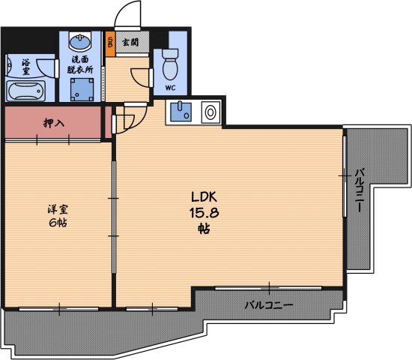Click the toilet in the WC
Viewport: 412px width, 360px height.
click(170, 64)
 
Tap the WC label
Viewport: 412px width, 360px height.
click(170, 88)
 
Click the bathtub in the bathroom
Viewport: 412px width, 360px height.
click(25, 91)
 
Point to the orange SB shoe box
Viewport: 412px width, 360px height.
click(110, 44)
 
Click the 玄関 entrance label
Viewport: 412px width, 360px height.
click(130, 42)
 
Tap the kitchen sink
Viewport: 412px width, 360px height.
click(181, 112)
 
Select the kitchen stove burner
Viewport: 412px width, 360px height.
click(210, 112)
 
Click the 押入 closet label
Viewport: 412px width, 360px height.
click(54, 123)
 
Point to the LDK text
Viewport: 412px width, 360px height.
click(204, 196)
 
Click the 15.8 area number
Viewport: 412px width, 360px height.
click(205, 212)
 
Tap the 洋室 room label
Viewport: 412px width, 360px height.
click(58, 209)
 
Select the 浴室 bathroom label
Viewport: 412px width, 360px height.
click(25, 67)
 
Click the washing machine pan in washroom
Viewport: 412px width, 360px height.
click(82, 90)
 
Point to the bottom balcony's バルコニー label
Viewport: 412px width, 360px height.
click(269, 305)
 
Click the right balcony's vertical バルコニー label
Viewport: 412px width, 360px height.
click(360, 190)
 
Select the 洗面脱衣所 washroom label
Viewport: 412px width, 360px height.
click(80, 64)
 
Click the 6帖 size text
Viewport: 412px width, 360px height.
click(58, 223)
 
